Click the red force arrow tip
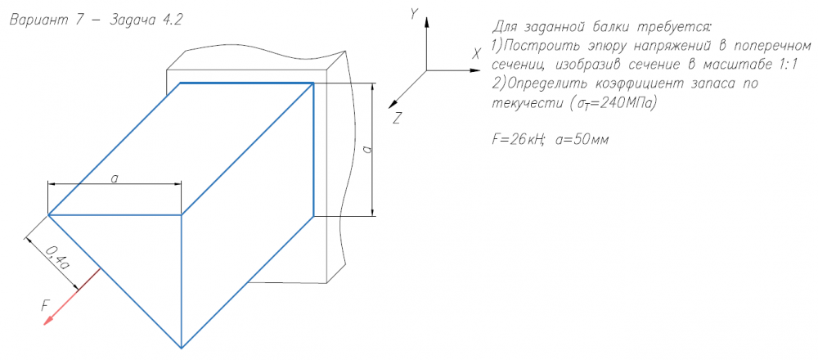(x=46, y=323)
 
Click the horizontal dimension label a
(x=115, y=178)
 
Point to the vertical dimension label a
(x=366, y=150)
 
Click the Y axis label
(x=415, y=13)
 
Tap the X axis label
(x=476, y=53)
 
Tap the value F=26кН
(x=515, y=139)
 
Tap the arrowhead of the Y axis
(x=425, y=23)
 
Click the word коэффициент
(x=633, y=83)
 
